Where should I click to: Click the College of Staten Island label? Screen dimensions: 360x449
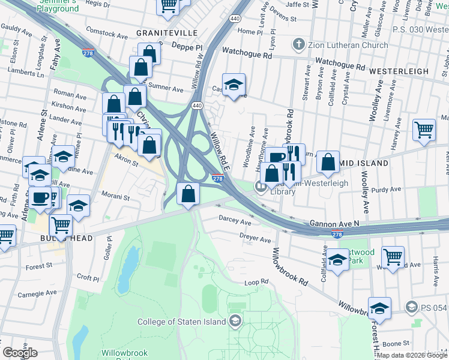point(182,322)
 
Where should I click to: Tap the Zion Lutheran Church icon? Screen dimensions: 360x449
point(298,44)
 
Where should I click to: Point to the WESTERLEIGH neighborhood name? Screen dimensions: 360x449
point(399,71)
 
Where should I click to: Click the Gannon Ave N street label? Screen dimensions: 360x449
point(334,223)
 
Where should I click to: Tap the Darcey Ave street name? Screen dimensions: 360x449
point(235,221)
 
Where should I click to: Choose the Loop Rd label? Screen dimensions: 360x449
point(255,282)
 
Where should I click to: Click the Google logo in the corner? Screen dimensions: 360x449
point(20,353)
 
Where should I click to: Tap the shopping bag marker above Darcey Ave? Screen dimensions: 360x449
point(188,194)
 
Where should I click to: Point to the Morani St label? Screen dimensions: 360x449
point(115,197)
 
